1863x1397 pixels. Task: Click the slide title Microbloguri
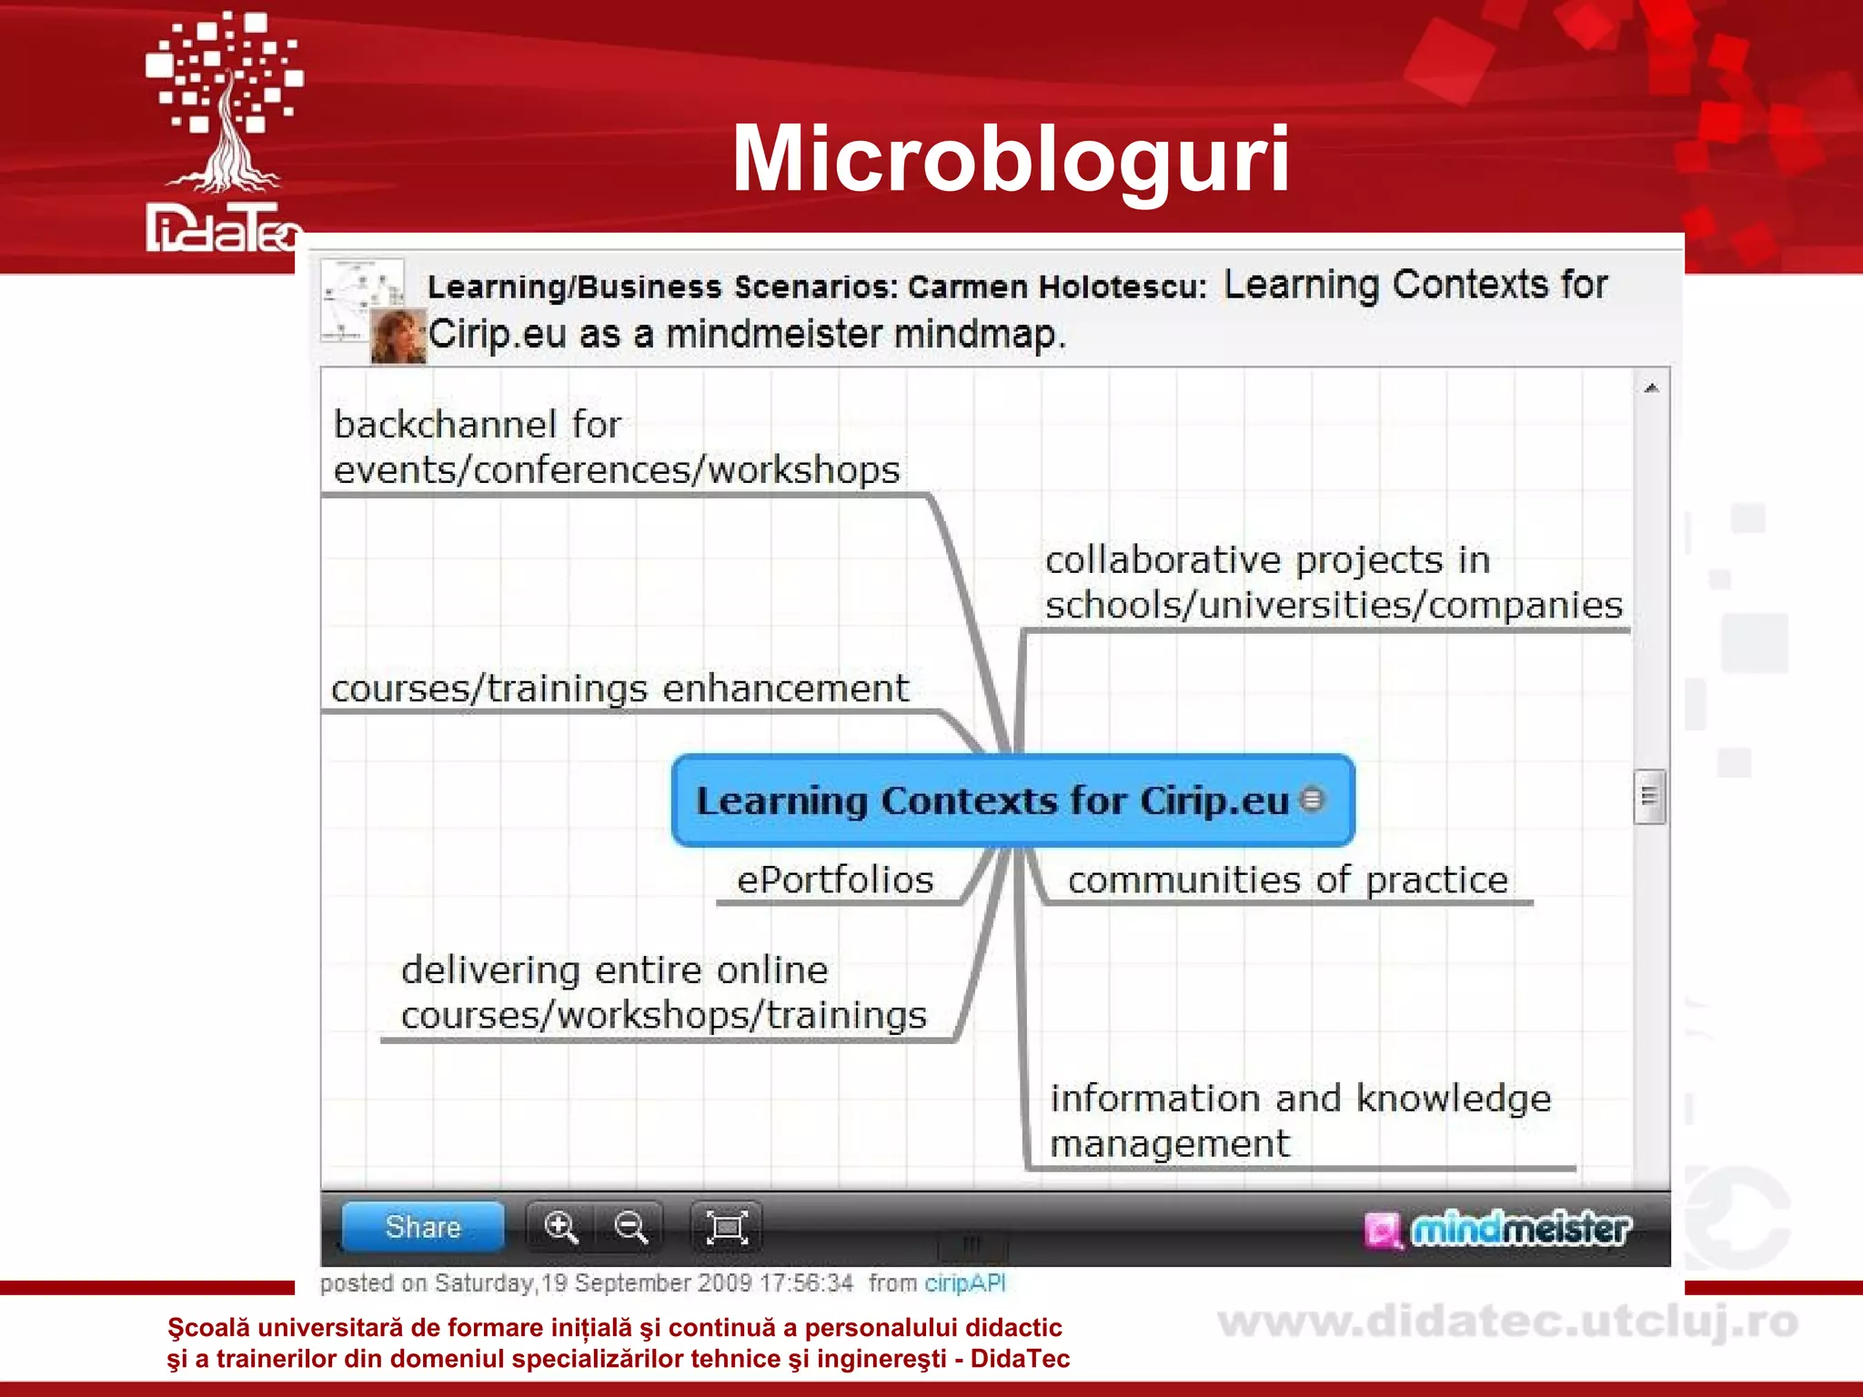click(1011, 159)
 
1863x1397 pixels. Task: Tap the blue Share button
click(423, 1227)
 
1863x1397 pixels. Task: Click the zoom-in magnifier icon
click(560, 1227)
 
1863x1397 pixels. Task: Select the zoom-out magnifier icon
click(630, 1227)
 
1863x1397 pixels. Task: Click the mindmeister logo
click(1498, 1230)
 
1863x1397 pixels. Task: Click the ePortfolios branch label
click(835, 880)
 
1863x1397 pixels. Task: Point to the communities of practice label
click(1287, 880)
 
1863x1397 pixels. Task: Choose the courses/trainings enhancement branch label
click(619, 688)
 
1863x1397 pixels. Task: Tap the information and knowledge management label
click(1300, 1121)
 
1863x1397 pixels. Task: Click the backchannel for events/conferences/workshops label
click(616, 447)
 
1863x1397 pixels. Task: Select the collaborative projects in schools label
click(1333, 582)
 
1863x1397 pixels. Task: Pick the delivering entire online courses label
click(663, 992)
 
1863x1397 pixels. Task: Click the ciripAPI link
click(964, 1283)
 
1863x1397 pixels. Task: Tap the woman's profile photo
click(398, 336)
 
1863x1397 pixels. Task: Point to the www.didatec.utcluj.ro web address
click(1507, 1322)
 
